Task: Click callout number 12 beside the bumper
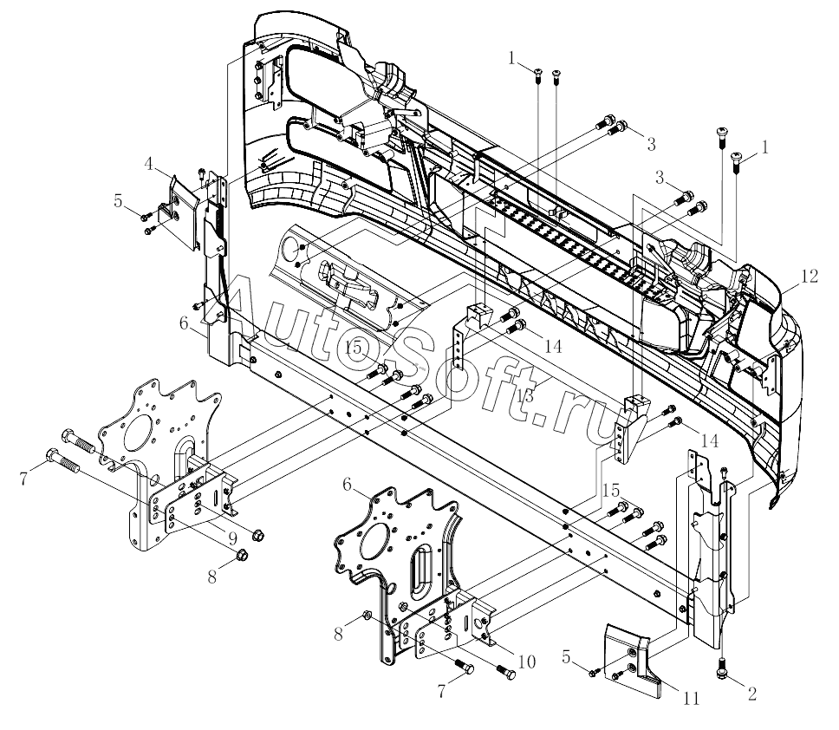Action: pyautogui.click(x=809, y=277)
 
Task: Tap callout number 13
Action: pyautogui.click(x=525, y=396)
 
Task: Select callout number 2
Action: pyautogui.click(x=751, y=694)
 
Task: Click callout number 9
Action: pyautogui.click(x=232, y=538)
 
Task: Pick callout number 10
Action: pyautogui.click(x=526, y=662)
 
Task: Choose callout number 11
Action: pyautogui.click(x=692, y=699)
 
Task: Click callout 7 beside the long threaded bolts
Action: pyautogui.click(x=23, y=479)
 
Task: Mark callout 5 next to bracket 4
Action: pyautogui.click(x=118, y=202)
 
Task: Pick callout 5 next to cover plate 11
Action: pyautogui.click(x=567, y=656)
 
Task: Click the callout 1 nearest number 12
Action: pyautogui.click(x=765, y=147)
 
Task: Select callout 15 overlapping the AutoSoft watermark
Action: pyautogui.click(x=354, y=348)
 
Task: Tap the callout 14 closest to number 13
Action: pyautogui.click(x=553, y=346)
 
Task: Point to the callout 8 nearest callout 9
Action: pyautogui.click(x=212, y=577)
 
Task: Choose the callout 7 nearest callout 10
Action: pyautogui.click(x=441, y=692)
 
